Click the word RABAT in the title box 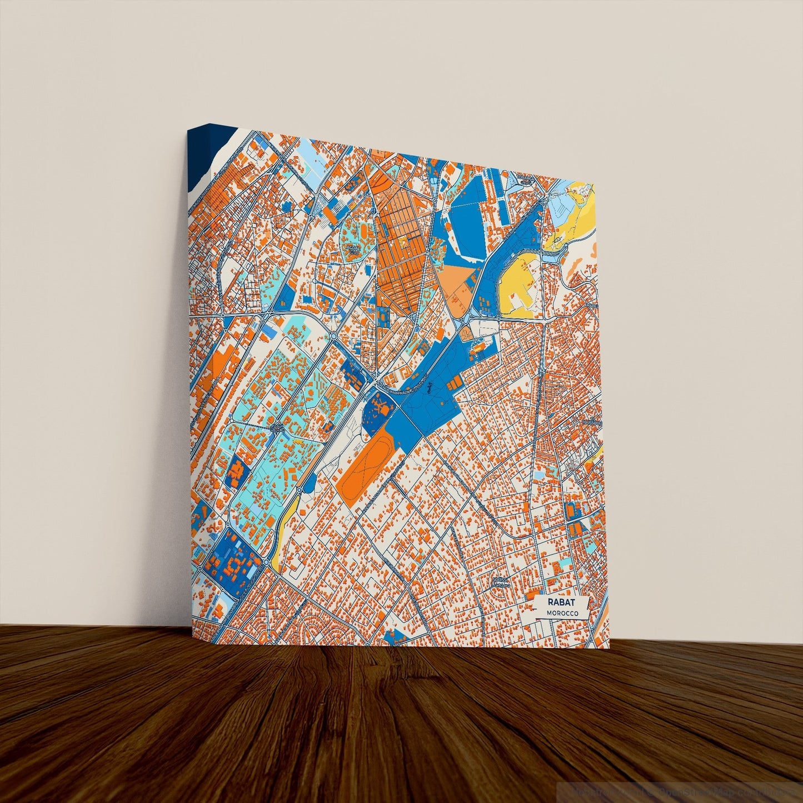[560, 603]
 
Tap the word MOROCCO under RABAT [562, 613]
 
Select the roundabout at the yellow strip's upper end [299, 490]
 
